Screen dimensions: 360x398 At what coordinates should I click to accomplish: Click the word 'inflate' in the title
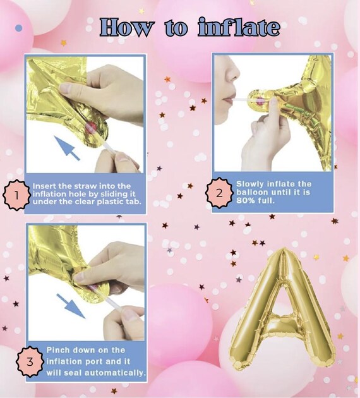tap(239, 27)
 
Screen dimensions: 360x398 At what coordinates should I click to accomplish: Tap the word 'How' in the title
tap(126, 27)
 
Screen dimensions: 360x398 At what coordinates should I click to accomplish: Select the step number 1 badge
tap(16, 195)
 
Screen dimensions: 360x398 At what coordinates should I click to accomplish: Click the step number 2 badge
tap(219, 193)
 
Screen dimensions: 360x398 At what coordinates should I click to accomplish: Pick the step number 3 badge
tap(30, 361)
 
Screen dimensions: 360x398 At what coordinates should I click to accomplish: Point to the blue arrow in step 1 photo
tap(67, 148)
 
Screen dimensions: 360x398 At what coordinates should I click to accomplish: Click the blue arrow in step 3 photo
tap(71, 306)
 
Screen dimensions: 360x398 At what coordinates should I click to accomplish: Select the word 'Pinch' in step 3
tap(58, 350)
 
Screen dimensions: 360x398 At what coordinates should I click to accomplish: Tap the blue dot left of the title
tap(18, 28)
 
